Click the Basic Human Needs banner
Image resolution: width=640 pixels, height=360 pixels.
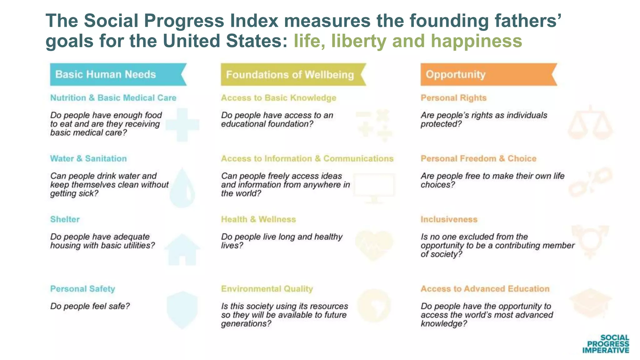118,74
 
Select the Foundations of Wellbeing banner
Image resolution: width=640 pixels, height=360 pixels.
293,74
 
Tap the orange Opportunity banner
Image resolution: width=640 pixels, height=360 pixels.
488,74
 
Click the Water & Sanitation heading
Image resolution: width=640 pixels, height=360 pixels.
88,158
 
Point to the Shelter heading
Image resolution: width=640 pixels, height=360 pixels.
65,219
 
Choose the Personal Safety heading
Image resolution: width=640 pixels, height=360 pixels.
82,288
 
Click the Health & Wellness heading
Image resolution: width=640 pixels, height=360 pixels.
258,219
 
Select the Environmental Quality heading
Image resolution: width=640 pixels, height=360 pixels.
267,288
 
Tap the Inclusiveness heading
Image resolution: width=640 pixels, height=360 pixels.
449,219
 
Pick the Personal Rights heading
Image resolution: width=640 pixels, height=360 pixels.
453,98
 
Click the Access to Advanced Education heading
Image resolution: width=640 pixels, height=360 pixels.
485,288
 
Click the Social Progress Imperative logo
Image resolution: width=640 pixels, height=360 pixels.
606,344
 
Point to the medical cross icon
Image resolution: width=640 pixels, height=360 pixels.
182,125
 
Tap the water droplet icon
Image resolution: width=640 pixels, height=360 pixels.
182,188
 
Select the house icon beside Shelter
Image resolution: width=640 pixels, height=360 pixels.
182,250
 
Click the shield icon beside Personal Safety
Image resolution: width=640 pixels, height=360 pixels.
182,310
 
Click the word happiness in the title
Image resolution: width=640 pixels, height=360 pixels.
476,41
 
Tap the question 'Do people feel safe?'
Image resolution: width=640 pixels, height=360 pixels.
90,306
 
